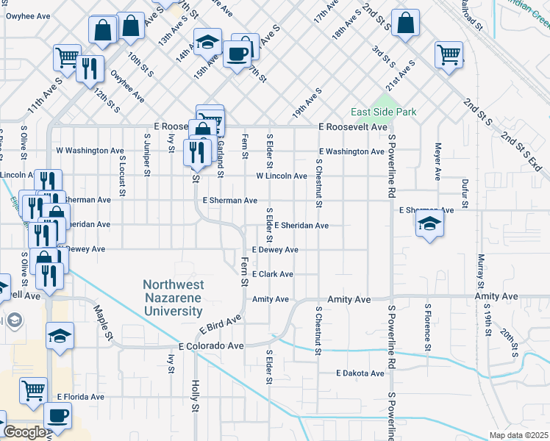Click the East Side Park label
[383, 112]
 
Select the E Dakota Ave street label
[360, 373]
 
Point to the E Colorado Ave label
[211, 345]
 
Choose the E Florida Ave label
[81, 397]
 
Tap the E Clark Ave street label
[273, 274]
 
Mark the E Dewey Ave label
[275, 250]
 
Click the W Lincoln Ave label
[281, 176]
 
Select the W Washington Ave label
[90, 151]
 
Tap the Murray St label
[481, 270]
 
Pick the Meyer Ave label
[438, 161]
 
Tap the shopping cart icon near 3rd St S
[449, 54]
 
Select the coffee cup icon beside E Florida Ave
[57, 415]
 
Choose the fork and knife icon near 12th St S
[89, 68]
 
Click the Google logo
[24, 432]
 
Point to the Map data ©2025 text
[518, 435]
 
